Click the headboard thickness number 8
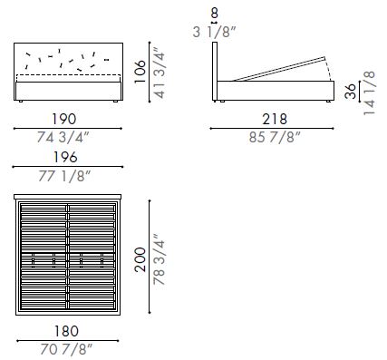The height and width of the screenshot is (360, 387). (214, 14)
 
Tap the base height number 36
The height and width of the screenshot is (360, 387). (352, 92)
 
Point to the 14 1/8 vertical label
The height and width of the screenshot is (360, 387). (370, 92)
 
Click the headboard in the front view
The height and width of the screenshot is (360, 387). (69, 60)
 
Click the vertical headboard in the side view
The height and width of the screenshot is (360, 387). (215, 68)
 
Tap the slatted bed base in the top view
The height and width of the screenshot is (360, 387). (69, 257)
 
